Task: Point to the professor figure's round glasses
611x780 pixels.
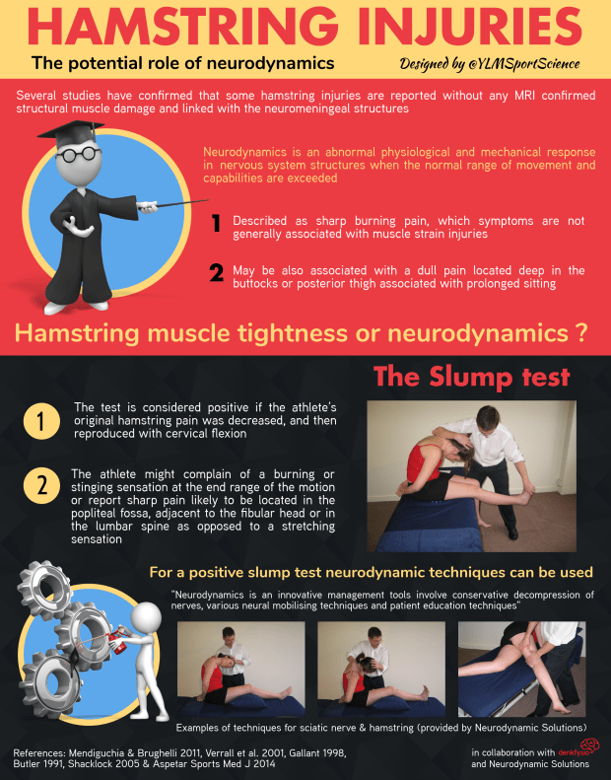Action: point(78,154)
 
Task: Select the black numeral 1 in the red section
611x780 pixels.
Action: point(216,223)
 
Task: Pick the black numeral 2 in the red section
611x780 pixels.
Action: point(216,272)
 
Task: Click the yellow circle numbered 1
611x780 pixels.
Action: point(41,421)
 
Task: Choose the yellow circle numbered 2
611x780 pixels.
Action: point(41,485)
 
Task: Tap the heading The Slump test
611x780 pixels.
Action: point(471,376)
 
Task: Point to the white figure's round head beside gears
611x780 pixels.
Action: point(147,618)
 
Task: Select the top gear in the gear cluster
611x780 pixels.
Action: point(44,586)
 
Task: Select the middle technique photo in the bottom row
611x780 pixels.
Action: point(381,670)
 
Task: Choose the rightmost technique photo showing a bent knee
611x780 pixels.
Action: point(521,670)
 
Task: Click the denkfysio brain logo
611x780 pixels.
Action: point(590,745)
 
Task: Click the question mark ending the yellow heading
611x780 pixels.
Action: point(582,333)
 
